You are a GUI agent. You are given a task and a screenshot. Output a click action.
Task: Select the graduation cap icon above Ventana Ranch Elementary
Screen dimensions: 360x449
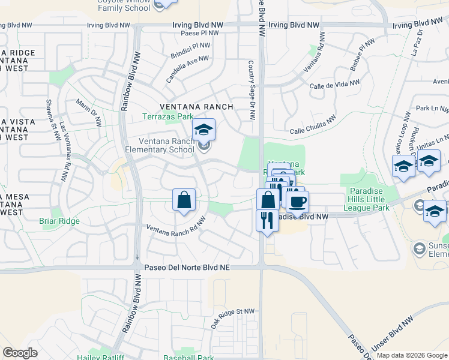(x=203, y=130)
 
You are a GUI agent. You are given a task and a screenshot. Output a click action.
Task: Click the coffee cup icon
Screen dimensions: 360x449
(x=297, y=202)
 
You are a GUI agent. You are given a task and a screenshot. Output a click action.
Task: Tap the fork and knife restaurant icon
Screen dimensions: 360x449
(x=267, y=220)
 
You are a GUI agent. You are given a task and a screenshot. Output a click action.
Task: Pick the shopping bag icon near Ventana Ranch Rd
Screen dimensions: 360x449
(x=184, y=200)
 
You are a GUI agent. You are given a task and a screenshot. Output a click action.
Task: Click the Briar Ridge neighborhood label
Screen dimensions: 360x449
(x=59, y=221)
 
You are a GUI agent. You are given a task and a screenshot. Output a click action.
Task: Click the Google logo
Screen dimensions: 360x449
(x=20, y=353)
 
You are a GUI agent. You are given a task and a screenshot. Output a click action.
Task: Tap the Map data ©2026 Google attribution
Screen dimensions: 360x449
(x=411, y=355)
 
